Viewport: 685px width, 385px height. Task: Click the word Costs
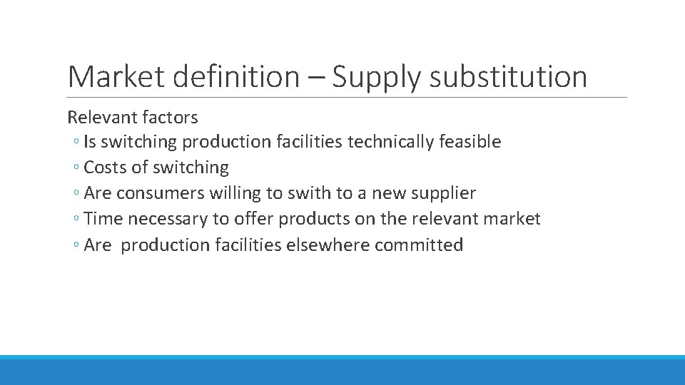106,168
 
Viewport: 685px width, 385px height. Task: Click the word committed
419,245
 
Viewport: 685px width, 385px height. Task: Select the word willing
235,194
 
